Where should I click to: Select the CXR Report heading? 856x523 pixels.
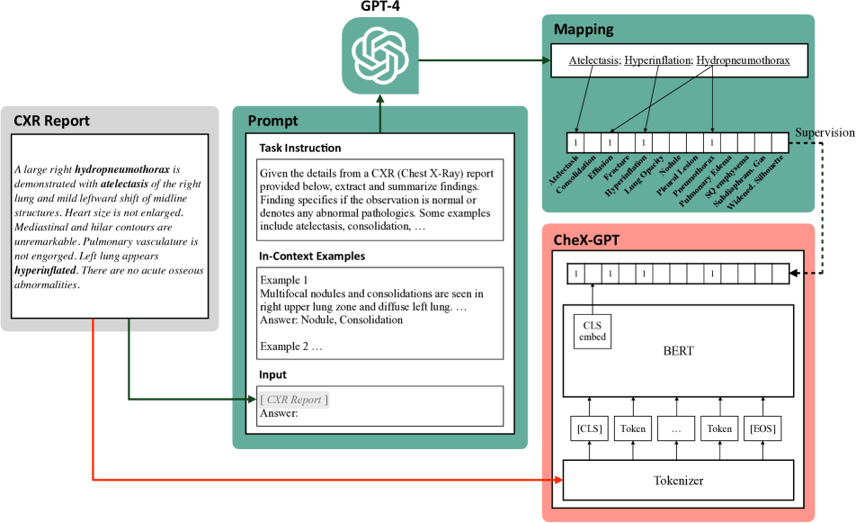(51, 121)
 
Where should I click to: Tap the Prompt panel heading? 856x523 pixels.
(272, 121)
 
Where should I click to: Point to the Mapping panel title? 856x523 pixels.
(584, 29)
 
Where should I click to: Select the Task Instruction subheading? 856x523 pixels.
(299, 148)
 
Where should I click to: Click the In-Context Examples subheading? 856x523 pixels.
(312, 257)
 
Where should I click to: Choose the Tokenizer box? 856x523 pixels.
(677, 481)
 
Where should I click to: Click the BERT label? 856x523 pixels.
(677, 351)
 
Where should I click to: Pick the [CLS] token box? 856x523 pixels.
(589, 429)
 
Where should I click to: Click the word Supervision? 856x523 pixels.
(825, 133)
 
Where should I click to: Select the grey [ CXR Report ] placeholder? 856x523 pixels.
(293, 400)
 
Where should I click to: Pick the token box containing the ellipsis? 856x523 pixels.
(677, 429)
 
